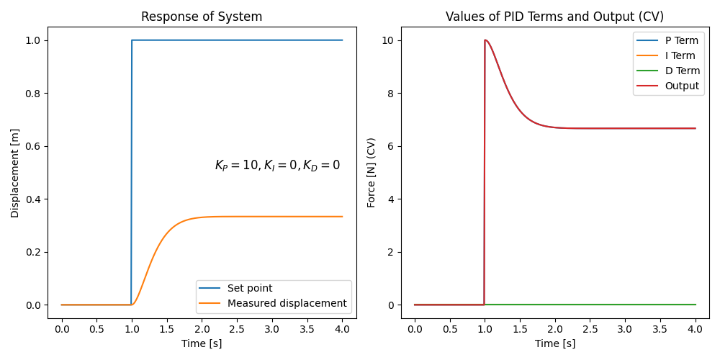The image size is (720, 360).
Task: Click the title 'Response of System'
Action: pyautogui.click(x=202, y=17)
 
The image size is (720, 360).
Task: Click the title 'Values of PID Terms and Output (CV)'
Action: pyautogui.click(x=554, y=17)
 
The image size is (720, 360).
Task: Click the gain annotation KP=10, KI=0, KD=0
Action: pyautogui.click(x=277, y=166)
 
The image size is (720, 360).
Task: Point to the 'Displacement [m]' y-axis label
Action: pyautogui.click(x=15, y=173)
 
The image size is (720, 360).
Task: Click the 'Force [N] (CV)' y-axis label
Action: pyautogui.click(x=372, y=173)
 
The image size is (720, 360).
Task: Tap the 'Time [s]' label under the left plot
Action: pyautogui.click(x=202, y=343)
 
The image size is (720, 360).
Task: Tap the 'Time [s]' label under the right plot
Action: pyautogui.click(x=554, y=343)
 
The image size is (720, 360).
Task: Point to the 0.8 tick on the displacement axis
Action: pyautogui.click(x=33, y=94)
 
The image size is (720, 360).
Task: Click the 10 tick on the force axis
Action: pyautogui.click(x=390, y=40)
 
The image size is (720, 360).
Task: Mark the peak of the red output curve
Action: pyautogui.click(x=485, y=40)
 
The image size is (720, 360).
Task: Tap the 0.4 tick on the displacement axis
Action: pyautogui.click(x=33, y=199)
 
